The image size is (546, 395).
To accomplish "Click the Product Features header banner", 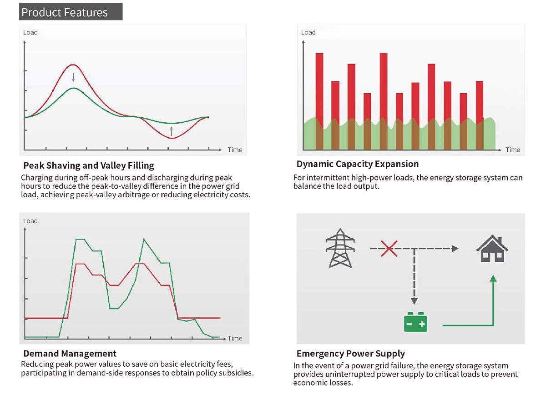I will coord(71,12).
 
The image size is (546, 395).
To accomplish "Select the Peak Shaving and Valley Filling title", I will coord(89,165).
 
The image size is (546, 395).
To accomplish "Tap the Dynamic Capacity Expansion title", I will coord(358,164).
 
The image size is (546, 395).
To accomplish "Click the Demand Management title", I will coord(70,354).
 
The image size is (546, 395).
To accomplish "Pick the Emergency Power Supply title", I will coord(351,354).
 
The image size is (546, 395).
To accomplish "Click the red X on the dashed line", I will coord(389,249).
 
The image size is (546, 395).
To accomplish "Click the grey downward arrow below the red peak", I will coord(73,77).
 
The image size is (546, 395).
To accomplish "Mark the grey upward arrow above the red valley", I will coord(172,131).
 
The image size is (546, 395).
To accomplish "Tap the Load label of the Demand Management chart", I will coord(30,221).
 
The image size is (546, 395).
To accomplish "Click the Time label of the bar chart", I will coord(513,150).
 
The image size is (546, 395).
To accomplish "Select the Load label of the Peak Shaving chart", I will coord(30,32).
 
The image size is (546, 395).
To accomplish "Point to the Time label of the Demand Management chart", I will coord(235,338).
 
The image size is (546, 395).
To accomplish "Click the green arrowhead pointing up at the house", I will coord(493,278).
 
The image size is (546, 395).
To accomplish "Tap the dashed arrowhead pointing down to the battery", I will coord(414,301).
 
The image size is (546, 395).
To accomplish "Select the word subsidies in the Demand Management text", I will coord(237,373).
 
